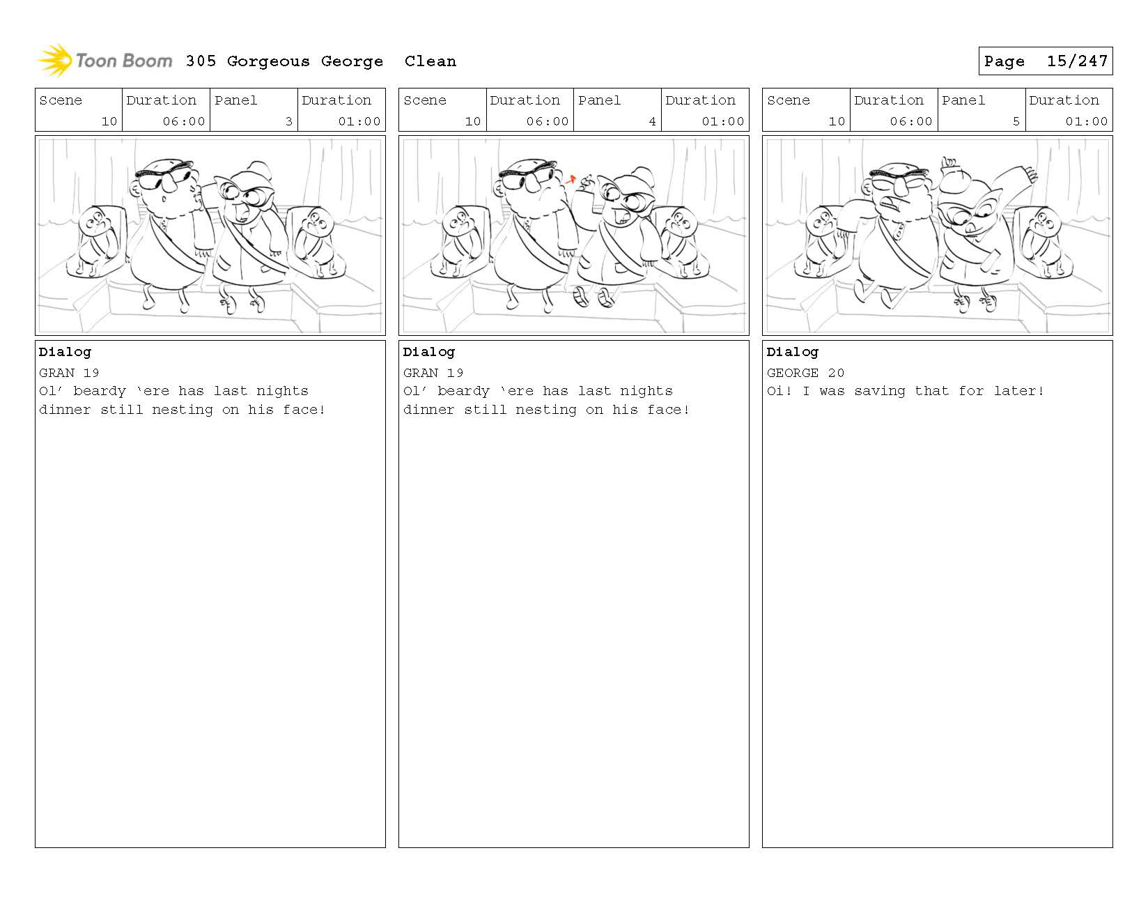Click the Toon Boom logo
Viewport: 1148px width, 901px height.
[x=105, y=60]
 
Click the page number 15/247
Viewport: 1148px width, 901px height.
[x=1077, y=61]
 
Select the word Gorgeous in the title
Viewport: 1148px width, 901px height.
[x=268, y=62]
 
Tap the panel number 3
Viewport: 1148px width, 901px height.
[x=288, y=121]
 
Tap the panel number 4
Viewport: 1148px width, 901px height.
[x=652, y=121]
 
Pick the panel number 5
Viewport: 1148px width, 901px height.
[x=1016, y=121]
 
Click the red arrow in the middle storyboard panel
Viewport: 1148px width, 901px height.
[x=571, y=180]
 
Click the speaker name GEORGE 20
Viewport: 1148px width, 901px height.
[x=805, y=373]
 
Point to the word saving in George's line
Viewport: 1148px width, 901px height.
[x=879, y=392]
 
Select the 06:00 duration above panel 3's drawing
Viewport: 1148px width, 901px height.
[x=183, y=121]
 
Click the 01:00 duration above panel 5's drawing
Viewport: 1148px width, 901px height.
[x=1086, y=121]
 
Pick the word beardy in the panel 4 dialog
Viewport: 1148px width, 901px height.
[x=463, y=392]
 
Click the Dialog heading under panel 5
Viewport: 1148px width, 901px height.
[x=792, y=352]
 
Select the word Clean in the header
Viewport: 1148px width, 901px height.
[x=430, y=61]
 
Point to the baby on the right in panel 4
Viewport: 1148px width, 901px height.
[x=681, y=240]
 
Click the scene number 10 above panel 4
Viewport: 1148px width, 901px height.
[x=472, y=121]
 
